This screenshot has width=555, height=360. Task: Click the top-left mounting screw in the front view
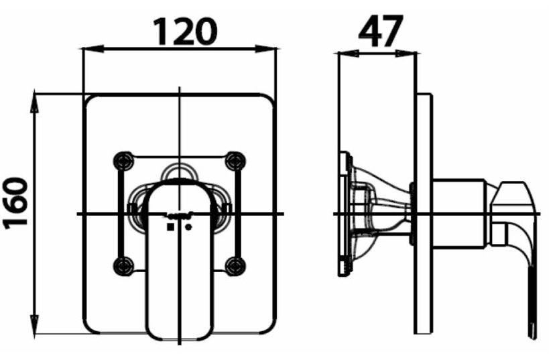point(123,160)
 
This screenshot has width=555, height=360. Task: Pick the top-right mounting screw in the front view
point(234,160)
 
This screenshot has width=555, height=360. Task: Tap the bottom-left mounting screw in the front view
point(123,266)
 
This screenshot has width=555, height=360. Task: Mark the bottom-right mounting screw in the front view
point(234,266)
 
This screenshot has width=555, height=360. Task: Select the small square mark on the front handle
point(170,227)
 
